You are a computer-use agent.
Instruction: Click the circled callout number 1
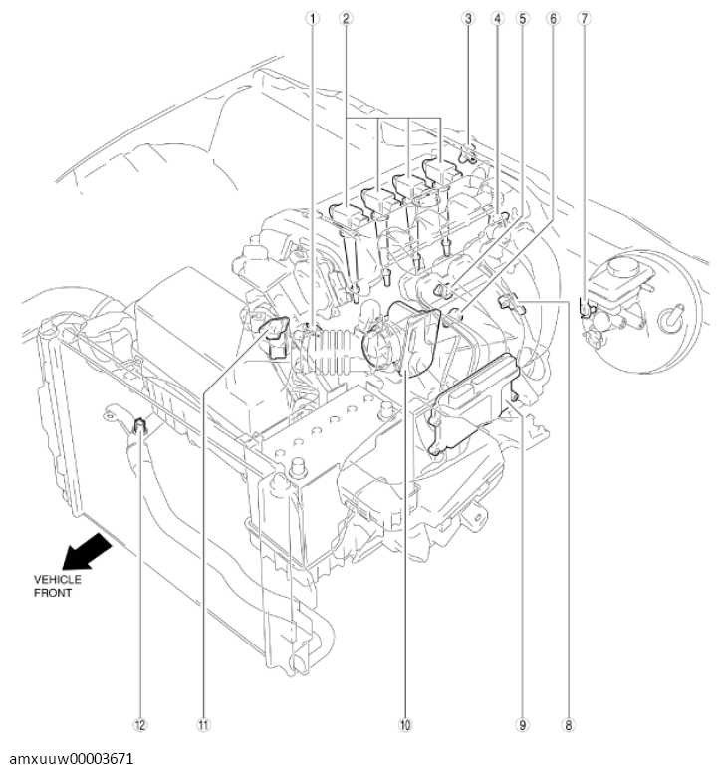[312, 18]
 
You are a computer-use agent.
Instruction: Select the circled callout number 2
[346, 18]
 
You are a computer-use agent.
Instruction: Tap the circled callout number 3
[468, 18]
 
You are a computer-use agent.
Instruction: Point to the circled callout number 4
[497, 18]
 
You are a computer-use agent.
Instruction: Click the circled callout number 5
[519, 18]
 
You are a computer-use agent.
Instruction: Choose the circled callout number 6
[549, 18]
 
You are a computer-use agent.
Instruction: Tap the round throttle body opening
[381, 349]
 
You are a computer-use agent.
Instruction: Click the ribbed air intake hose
[330, 350]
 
